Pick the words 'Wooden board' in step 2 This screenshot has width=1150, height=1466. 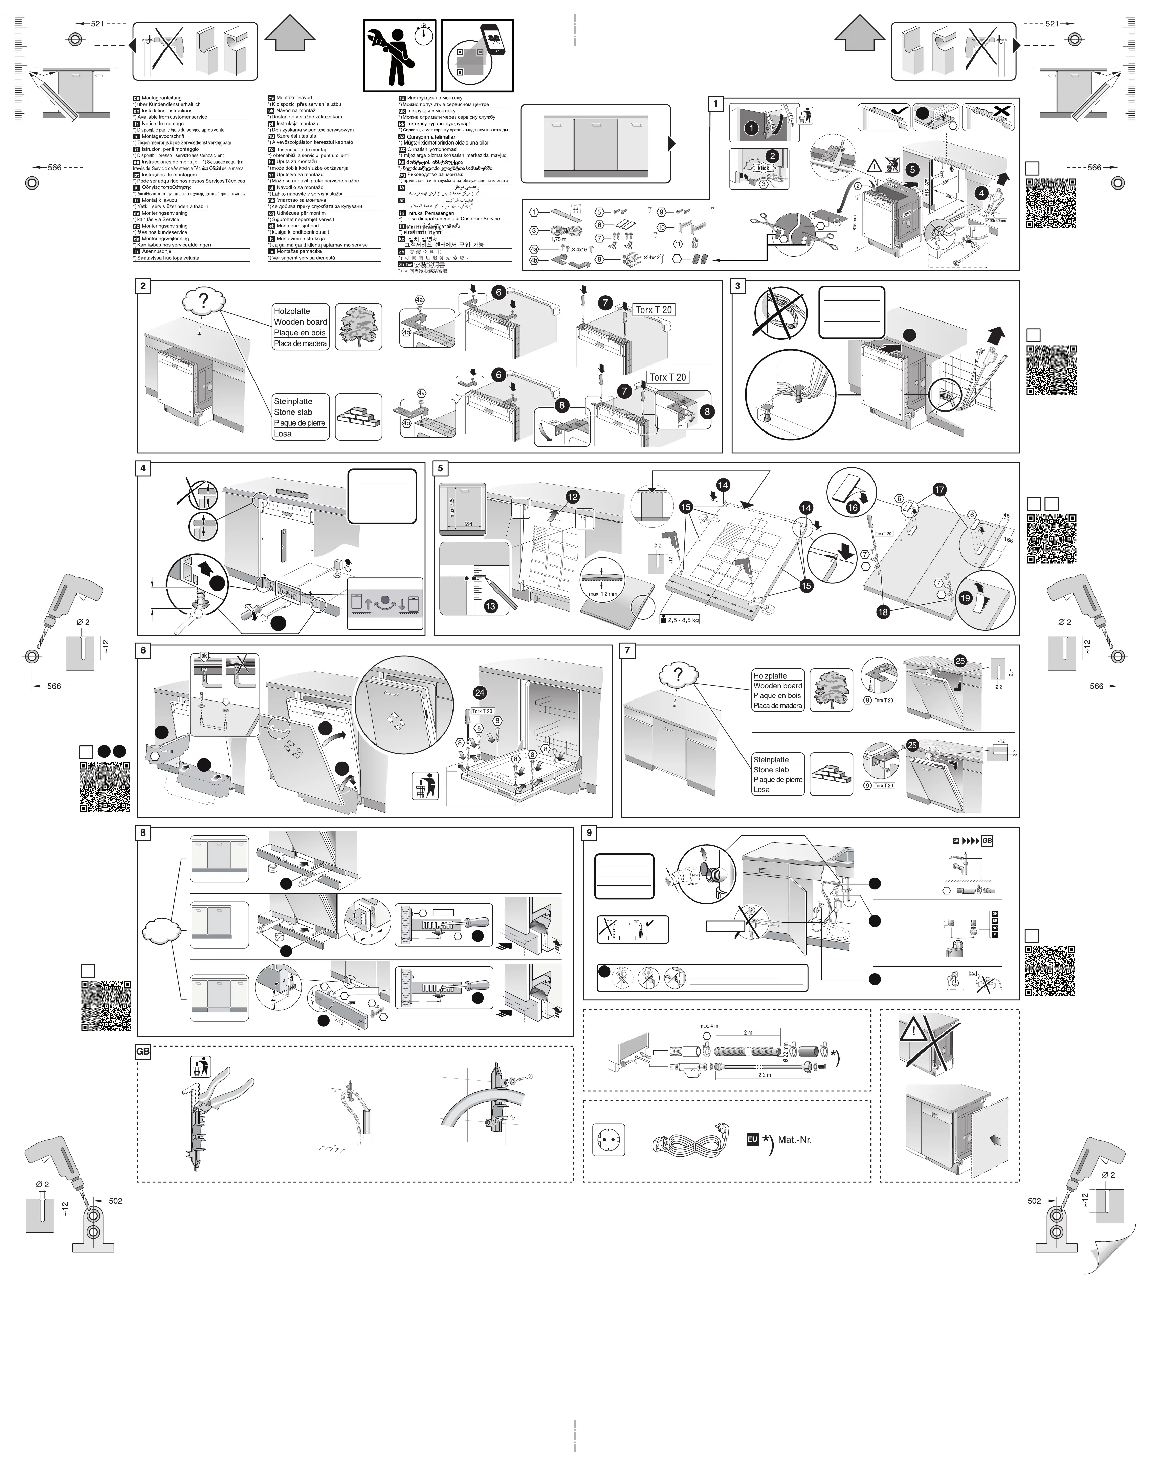pos(300,322)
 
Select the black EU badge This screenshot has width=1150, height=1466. pos(752,1139)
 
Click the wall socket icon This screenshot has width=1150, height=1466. pos(609,1139)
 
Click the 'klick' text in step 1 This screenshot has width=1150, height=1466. pos(763,168)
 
